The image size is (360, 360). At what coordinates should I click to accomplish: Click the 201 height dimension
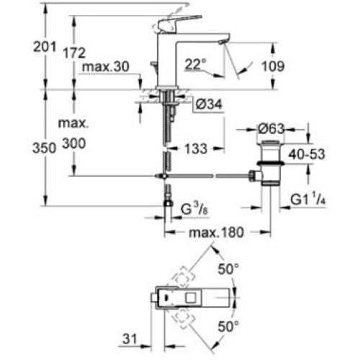[x=45, y=47]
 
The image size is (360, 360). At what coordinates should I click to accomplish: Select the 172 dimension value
[x=74, y=53]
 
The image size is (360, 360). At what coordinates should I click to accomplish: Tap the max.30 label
[x=106, y=66]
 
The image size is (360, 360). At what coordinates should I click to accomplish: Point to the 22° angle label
[x=196, y=64]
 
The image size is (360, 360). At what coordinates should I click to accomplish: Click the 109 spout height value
[x=273, y=66]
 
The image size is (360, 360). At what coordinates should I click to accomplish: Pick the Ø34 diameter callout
[x=209, y=104]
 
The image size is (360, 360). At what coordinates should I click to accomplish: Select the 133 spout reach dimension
[x=196, y=148]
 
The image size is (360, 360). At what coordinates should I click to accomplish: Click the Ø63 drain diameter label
[x=271, y=129]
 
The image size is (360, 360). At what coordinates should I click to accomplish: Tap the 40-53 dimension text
[x=307, y=154]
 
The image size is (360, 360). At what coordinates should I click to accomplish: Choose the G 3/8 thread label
[x=194, y=208]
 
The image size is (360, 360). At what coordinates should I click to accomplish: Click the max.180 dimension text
[x=216, y=233]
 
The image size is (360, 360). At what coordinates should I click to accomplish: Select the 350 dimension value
[x=44, y=148]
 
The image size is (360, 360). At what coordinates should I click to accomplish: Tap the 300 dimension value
[x=74, y=143]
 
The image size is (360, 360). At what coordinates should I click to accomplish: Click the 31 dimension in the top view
[x=130, y=339]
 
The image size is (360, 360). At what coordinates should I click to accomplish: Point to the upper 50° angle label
[x=228, y=269]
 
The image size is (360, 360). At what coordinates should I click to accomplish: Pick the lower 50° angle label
[x=228, y=326]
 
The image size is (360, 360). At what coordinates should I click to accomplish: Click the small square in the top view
[x=191, y=298]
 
